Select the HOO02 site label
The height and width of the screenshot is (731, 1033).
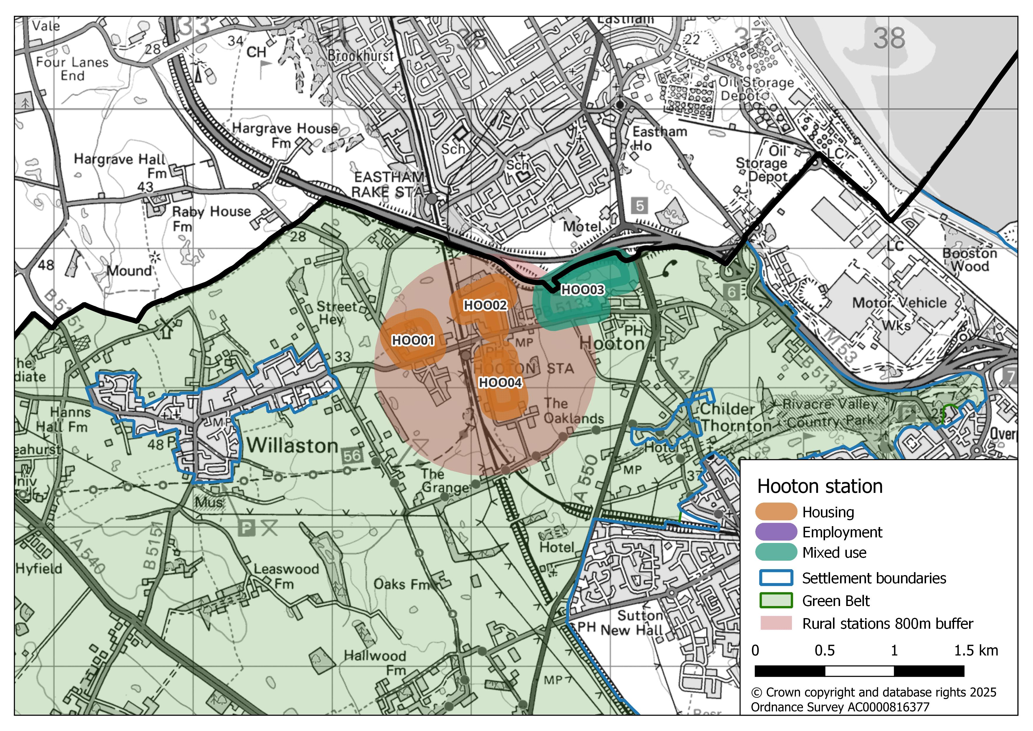485,306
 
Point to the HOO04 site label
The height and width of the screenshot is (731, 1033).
500,383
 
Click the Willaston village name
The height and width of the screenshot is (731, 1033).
292,446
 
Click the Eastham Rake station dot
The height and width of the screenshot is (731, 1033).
432,198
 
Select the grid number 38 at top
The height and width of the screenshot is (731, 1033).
889,38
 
